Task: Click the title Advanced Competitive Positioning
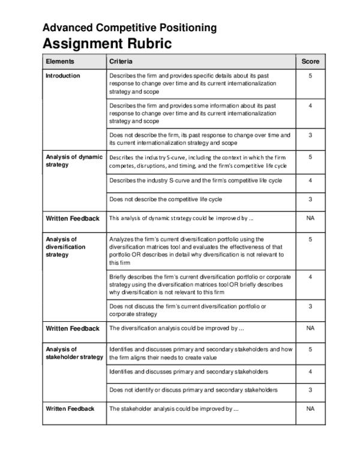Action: (x=130, y=28)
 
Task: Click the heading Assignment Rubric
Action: (x=107, y=44)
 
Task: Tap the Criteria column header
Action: (x=121, y=61)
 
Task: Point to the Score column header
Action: (x=310, y=61)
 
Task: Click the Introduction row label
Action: (x=63, y=76)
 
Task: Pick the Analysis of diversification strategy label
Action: (x=66, y=247)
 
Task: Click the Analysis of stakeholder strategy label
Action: (x=74, y=353)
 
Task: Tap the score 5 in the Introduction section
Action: (x=310, y=76)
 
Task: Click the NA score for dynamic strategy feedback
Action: (x=310, y=218)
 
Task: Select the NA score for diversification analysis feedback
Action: (x=310, y=328)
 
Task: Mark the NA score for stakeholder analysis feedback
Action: (x=310, y=409)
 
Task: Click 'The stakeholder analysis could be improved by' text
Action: (x=174, y=409)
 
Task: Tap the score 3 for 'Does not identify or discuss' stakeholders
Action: (x=310, y=390)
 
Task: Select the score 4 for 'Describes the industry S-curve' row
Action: (x=310, y=180)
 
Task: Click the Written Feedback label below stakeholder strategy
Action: (x=70, y=409)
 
